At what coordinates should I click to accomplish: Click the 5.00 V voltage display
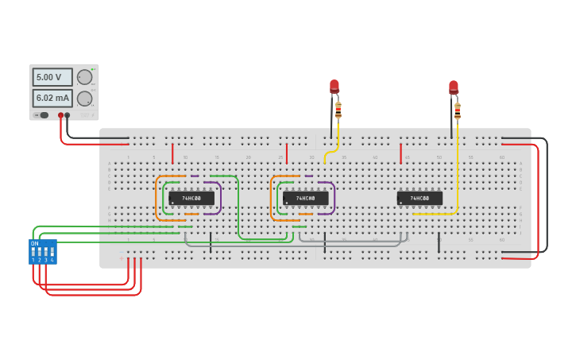coord(52,77)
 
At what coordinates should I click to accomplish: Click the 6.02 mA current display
coord(52,98)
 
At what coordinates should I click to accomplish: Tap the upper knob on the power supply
coord(84,77)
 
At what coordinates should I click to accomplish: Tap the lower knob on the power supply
coord(84,99)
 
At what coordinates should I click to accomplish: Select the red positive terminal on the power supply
coord(60,115)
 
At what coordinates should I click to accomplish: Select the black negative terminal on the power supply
coord(68,115)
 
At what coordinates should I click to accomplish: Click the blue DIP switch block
coord(42,252)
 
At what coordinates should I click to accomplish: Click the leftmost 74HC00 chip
coord(191,198)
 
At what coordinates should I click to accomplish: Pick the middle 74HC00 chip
coord(305,198)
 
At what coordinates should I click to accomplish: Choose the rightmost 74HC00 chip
coord(419,198)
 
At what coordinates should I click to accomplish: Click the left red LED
coord(334,86)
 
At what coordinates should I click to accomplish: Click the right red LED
coord(454,87)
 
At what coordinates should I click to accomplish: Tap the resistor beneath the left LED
coord(338,110)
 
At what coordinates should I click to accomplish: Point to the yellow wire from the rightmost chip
coord(458,175)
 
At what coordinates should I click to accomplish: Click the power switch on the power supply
coord(43,115)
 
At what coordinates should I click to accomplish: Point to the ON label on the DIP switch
coord(34,243)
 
